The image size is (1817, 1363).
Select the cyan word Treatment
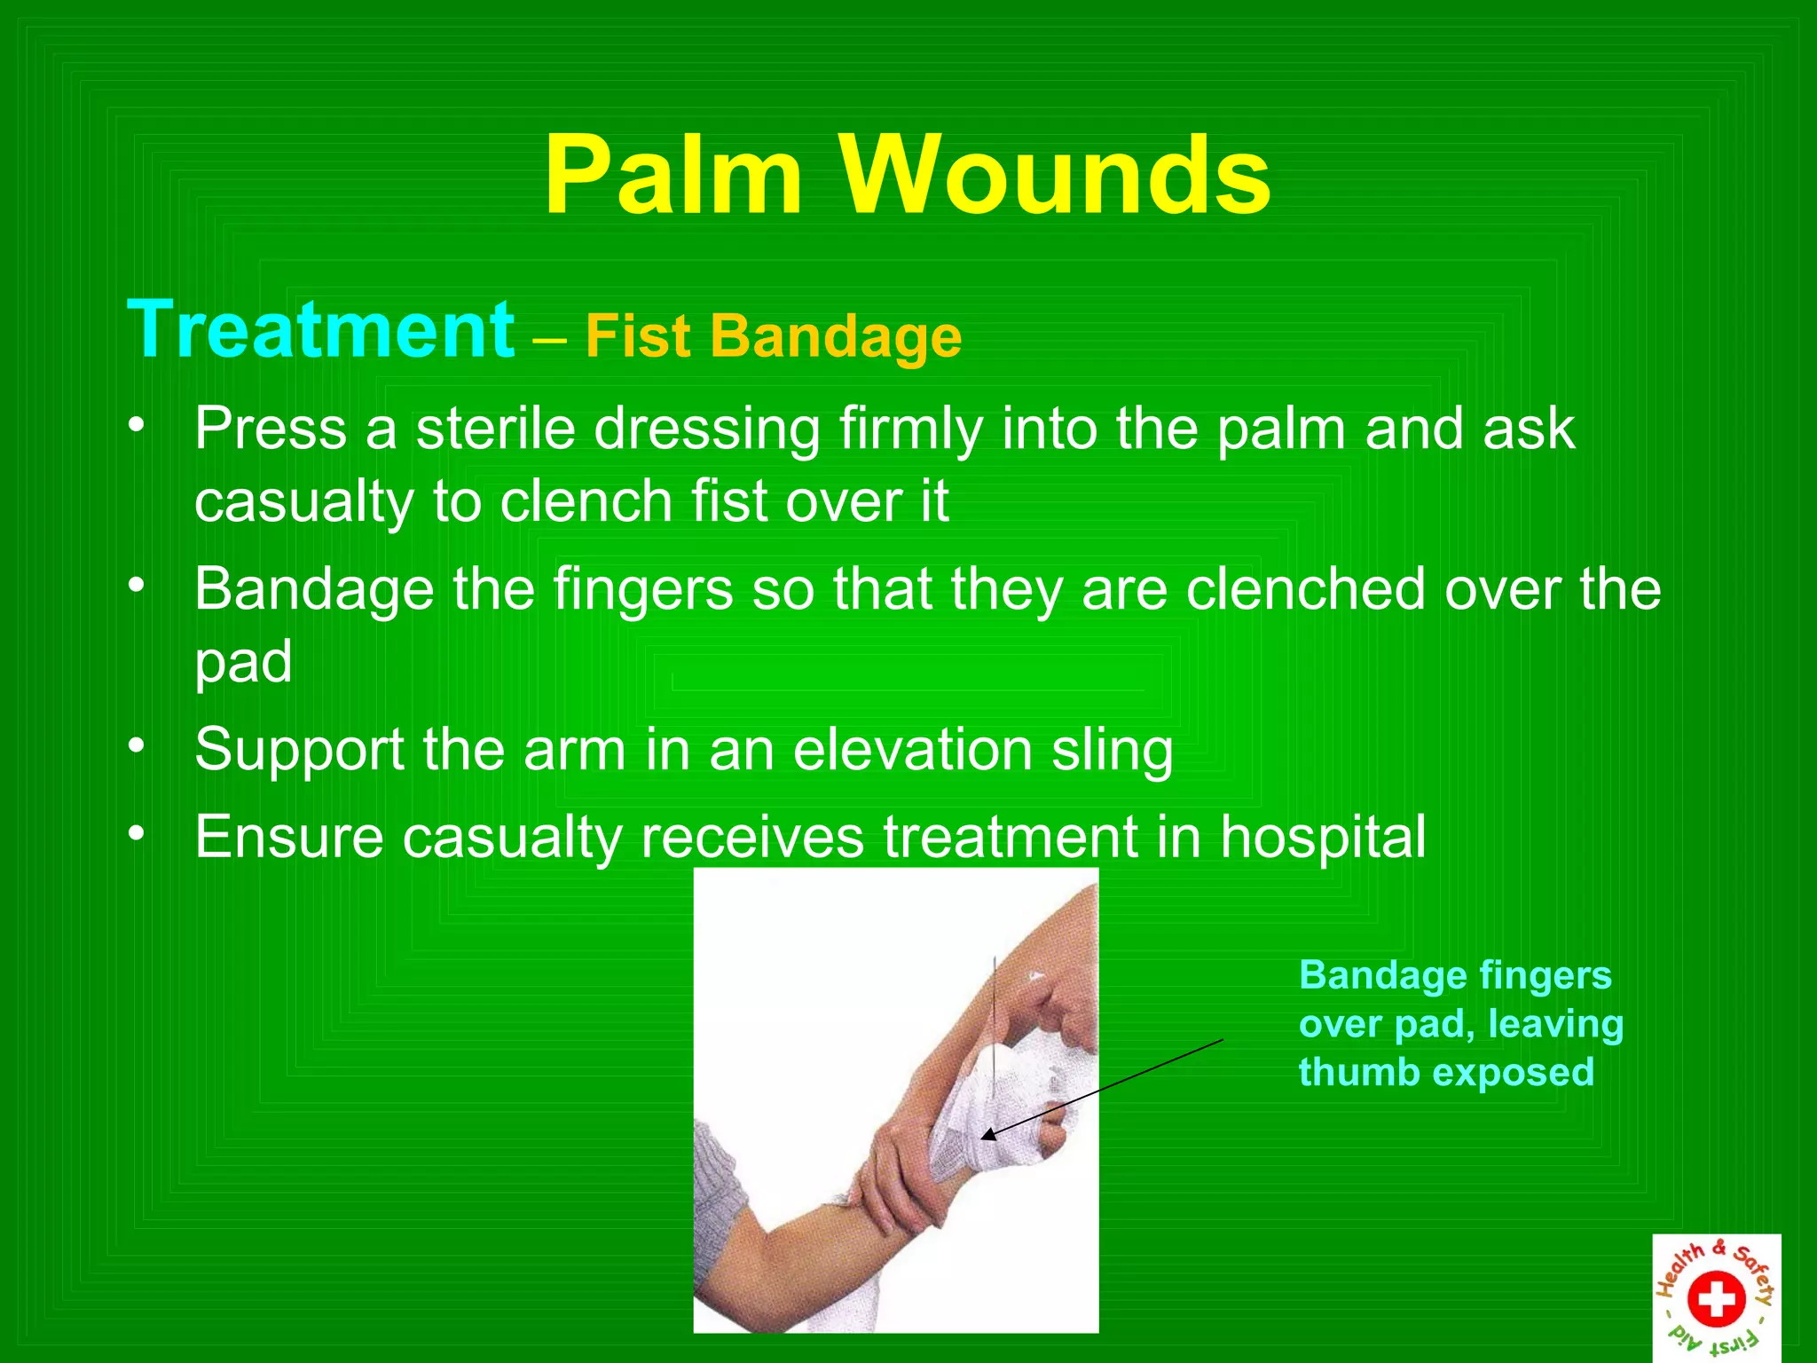click(x=320, y=330)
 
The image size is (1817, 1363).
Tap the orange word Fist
click(x=637, y=337)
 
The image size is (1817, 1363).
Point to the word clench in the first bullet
click(x=586, y=501)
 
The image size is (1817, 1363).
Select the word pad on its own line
click(x=243, y=662)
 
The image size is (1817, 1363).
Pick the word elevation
click(x=912, y=750)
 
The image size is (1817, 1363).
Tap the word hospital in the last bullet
click(x=1322, y=837)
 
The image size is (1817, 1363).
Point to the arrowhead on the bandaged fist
click(x=987, y=1134)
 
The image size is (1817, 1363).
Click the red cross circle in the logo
click(x=1716, y=1298)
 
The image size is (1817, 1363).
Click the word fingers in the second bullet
click(x=643, y=590)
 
